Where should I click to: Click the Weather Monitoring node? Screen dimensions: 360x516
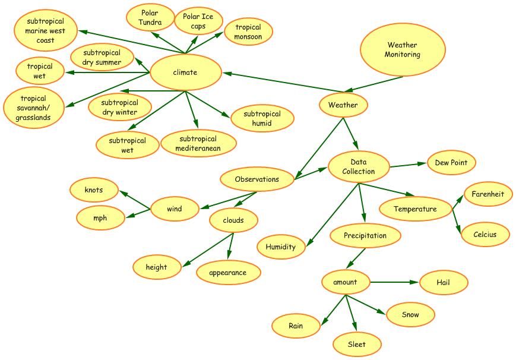click(402, 50)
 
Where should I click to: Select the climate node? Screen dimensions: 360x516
click(185, 72)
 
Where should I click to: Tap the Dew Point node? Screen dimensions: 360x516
click(451, 163)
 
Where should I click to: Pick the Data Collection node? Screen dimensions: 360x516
click(359, 167)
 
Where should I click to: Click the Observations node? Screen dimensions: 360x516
click(257, 179)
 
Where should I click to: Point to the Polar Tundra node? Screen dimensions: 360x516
click(150, 18)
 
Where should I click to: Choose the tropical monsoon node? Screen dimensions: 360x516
click(248, 32)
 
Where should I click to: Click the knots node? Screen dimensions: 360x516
click(94, 190)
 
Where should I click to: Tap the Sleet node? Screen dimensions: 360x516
click(357, 344)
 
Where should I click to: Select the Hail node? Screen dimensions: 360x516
click(443, 282)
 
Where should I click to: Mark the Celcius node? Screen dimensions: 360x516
click(485, 234)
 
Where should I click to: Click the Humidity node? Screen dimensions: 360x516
click(281, 247)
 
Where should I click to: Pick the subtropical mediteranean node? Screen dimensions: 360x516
click(198, 144)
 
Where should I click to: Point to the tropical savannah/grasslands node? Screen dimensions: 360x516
click(33, 108)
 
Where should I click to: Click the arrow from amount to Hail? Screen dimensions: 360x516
click(395, 282)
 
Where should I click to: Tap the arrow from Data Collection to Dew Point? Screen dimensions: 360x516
click(409, 165)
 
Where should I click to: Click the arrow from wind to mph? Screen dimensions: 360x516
click(138, 213)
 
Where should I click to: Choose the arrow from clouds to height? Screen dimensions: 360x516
click(205, 250)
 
